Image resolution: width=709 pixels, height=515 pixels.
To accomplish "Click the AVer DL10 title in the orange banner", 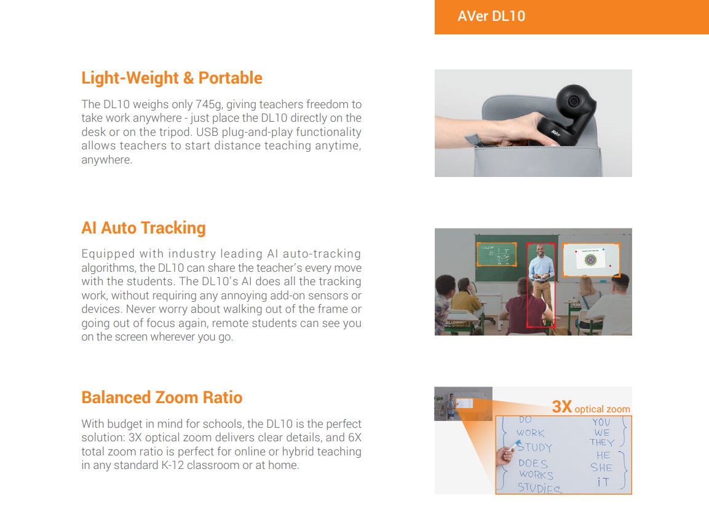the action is [491, 16].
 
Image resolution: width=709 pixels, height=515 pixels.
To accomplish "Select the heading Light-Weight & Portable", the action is [172, 78].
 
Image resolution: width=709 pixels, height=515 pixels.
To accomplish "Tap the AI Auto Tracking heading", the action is [143, 228].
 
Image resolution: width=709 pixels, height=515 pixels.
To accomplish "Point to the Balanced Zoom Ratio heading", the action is [162, 398].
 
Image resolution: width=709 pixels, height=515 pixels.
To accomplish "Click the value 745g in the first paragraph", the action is [209, 104].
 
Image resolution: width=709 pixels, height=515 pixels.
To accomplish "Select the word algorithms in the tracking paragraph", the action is [108, 268].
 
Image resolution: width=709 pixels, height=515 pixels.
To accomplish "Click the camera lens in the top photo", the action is [574, 100].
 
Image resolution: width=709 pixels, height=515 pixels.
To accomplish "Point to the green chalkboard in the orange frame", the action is [496, 254].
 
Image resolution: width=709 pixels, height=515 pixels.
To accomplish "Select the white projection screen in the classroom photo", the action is [591, 260].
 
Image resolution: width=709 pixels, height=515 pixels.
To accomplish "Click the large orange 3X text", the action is [562, 407].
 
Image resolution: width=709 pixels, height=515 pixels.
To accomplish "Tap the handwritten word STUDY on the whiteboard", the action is [534, 447].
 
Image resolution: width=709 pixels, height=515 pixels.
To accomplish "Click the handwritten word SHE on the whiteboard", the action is [601, 468].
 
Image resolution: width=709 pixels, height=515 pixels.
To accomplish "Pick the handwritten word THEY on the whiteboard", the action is [602, 442].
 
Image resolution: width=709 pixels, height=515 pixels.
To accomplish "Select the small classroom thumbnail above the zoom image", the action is [464, 404].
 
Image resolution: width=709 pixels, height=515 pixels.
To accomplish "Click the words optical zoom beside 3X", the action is [602, 409].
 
